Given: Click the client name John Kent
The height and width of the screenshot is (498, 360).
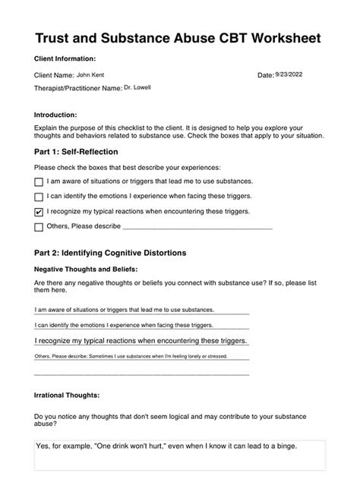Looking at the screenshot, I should (90, 75).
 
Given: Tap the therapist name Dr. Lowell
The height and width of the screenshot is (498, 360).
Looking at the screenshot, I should (137, 87).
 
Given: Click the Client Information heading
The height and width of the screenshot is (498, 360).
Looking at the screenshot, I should (65, 58).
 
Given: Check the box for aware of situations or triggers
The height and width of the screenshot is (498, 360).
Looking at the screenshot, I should (39, 182).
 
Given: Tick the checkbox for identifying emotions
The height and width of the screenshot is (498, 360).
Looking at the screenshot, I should (39, 197).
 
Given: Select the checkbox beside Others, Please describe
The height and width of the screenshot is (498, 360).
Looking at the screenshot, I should (39, 226).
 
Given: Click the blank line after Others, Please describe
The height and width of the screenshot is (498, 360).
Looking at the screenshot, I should (197, 226).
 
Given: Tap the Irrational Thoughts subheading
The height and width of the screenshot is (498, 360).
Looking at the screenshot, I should (67, 396).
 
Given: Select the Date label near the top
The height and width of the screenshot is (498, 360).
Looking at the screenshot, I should (265, 75).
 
